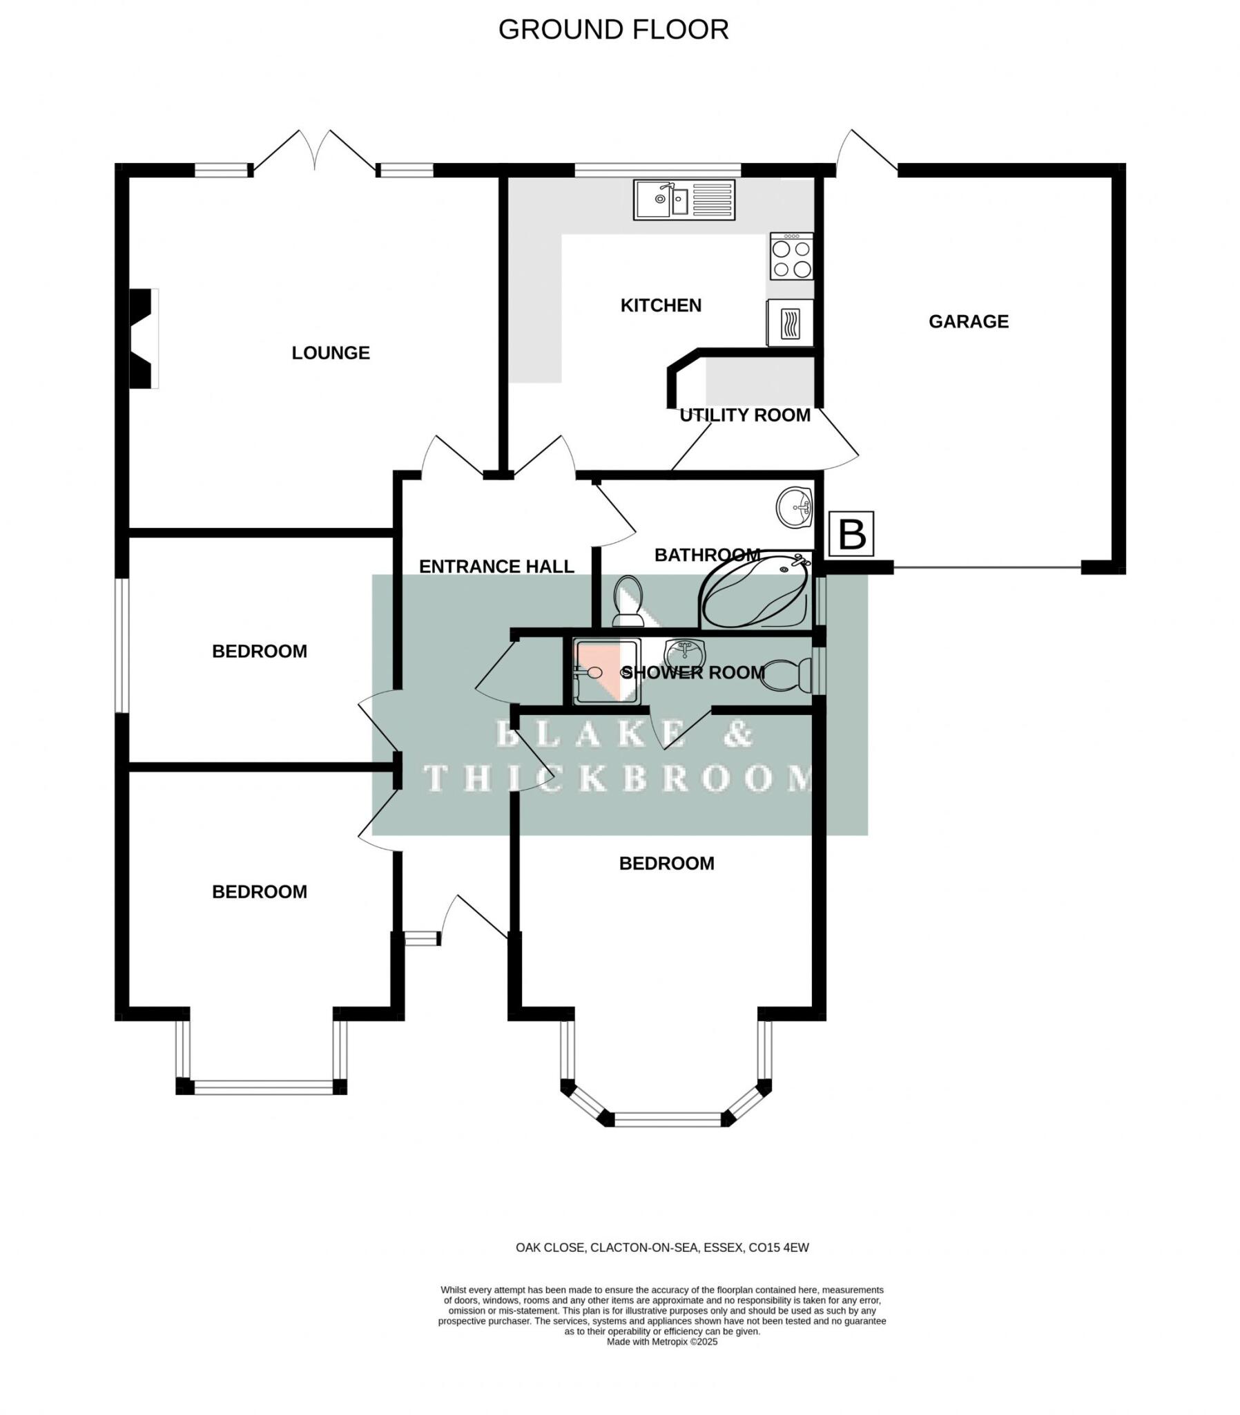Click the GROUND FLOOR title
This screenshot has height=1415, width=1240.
pyautogui.click(x=613, y=30)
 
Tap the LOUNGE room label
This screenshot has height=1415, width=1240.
pyautogui.click(x=331, y=353)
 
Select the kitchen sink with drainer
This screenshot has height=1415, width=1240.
pyautogui.click(x=684, y=200)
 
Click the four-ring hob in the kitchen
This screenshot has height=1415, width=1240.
pyautogui.click(x=792, y=257)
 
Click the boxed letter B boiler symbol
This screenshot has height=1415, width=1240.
pyautogui.click(x=851, y=534)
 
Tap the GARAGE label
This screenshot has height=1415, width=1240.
pyautogui.click(x=968, y=321)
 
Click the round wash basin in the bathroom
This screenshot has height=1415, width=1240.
pyautogui.click(x=795, y=506)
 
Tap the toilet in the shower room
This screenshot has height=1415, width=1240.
pyautogui.click(x=788, y=675)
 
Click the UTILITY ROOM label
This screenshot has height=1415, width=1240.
pyautogui.click(x=744, y=415)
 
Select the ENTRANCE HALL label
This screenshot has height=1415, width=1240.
pyautogui.click(x=496, y=567)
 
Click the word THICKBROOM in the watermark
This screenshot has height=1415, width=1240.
pyautogui.click(x=618, y=779)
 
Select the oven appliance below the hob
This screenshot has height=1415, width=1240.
pyautogui.click(x=790, y=323)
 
